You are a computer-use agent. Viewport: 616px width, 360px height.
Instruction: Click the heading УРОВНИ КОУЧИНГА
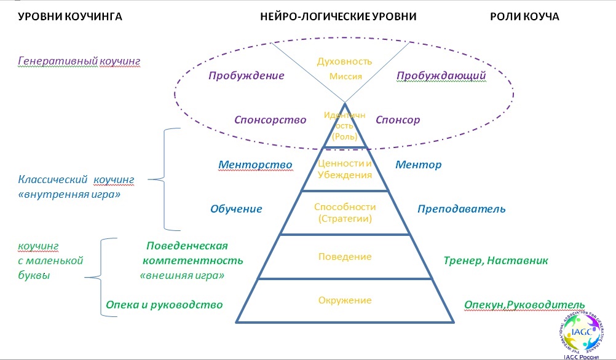(x=70, y=17)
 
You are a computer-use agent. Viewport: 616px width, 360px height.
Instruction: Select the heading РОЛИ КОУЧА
(x=524, y=17)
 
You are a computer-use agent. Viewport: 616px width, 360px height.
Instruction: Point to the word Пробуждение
(x=246, y=76)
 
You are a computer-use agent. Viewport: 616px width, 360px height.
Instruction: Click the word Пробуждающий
(x=441, y=76)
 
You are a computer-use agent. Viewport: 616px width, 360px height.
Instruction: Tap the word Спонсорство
(x=270, y=120)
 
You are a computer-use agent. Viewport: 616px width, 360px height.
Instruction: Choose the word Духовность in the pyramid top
(x=345, y=61)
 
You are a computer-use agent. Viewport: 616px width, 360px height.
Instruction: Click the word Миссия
(x=345, y=77)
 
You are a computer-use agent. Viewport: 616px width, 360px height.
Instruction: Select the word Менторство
(x=255, y=165)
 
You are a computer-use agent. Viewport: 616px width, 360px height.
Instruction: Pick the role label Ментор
(x=419, y=165)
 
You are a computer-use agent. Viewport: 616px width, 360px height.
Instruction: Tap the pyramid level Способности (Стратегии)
(x=344, y=212)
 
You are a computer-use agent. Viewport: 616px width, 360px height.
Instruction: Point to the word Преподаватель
(x=461, y=208)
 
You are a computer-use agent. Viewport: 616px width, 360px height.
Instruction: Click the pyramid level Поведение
(x=345, y=256)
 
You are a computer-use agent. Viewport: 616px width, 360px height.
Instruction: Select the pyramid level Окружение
(x=345, y=300)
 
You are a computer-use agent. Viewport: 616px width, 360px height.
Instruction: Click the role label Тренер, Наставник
(x=496, y=260)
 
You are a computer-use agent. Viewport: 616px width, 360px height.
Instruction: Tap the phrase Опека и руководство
(x=164, y=304)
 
